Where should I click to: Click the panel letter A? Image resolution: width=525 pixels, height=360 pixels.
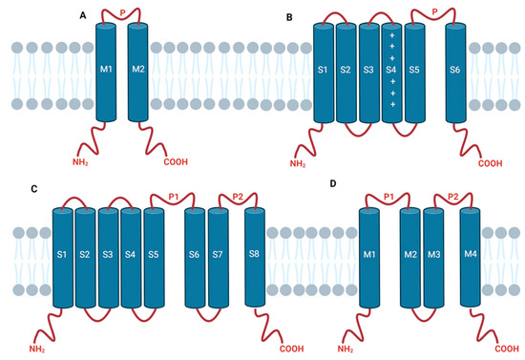tap(83, 14)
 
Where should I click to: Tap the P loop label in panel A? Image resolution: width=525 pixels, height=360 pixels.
tap(122, 12)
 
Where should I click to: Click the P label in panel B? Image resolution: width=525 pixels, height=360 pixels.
tap(434, 12)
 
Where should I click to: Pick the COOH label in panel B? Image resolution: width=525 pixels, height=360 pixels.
tap(490, 163)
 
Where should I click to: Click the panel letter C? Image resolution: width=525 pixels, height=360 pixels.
tap(33, 189)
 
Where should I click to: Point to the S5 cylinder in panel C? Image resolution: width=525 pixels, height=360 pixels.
tap(154, 255)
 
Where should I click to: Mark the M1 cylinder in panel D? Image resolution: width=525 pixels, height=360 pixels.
tap(368, 255)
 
